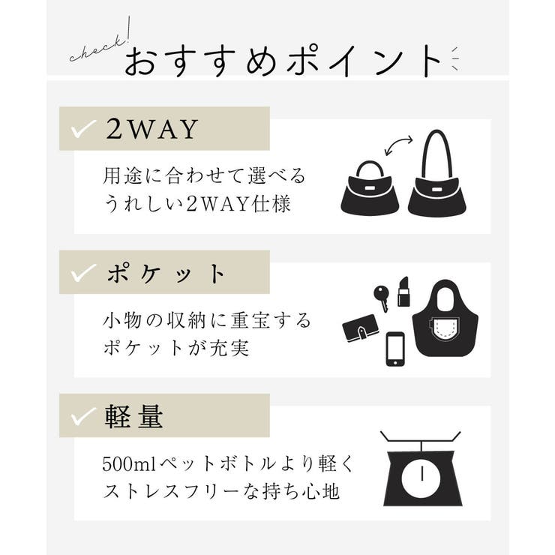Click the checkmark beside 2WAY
pos(83,130)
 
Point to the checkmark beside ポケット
pos(83,274)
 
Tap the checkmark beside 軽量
pos(83,418)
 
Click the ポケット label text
pos(166,274)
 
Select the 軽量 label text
pos(135,418)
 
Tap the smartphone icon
pos(396,348)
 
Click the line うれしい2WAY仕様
pos(196,204)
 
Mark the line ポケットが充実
pos(175,349)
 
